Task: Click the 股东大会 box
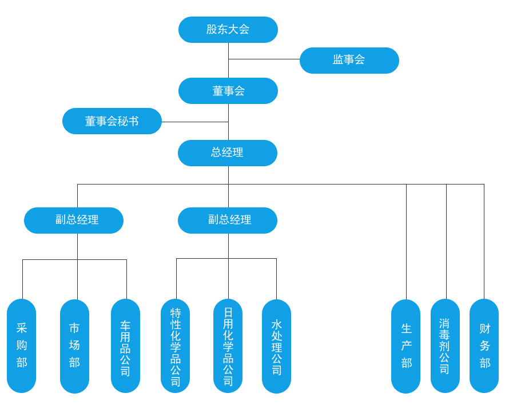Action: click(228, 30)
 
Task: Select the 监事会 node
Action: click(349, 60)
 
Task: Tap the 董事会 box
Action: click(228, 91)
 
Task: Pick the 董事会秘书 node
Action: click(112, 121)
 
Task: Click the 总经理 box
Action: click(228, 153)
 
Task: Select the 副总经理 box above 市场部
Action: click(74, 220)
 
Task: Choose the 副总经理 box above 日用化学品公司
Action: click(228, 220)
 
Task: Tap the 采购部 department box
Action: click(22, 346)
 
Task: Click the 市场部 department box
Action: click(74, 346)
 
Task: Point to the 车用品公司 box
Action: click(125, 346)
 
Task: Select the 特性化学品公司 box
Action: click(176, 346)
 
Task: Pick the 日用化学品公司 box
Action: click(228, 346)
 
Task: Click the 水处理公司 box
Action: click(276, 346)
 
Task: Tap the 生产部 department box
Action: click(406, 346)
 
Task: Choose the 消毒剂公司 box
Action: click(445, 346)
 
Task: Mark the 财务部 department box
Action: click(484, 346)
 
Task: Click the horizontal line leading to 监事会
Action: click(264, 59)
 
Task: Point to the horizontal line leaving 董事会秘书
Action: click(194, 122)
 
